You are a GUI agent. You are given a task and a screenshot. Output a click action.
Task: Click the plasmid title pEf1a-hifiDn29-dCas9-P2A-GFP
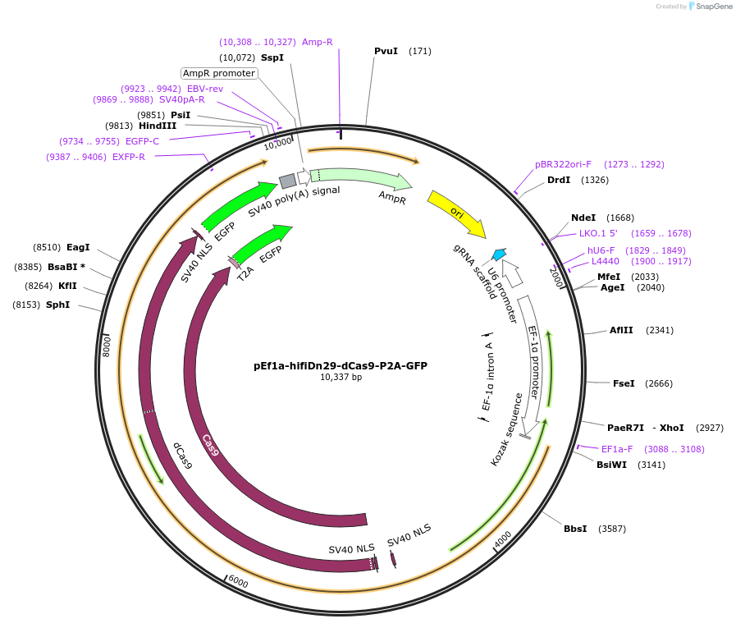pyautogui.click(x=341, y=366)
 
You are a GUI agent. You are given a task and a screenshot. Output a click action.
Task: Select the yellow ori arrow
pyautogui.click(x=456, y=213)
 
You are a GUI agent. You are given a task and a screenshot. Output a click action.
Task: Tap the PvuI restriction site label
pyautogui.click(x=386, y=51)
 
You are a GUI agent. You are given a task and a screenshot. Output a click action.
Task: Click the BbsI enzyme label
pyautogui.click(x=575, y=529)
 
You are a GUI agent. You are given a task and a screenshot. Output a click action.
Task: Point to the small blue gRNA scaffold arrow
pyautogui.click(x=498, y=254)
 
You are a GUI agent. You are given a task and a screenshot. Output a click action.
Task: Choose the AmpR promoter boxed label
pyautogui.click(x=219, y=73)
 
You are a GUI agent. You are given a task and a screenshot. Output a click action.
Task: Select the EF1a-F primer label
pyautogui.click(x=617, y=449)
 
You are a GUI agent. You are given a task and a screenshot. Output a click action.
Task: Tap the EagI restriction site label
pyautogui.click(x=78, y=247)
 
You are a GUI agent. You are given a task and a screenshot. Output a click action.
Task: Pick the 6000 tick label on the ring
pyautogui.click(x=238, y=580)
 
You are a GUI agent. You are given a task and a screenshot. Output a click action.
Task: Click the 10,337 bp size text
pyautogui.click(x=341, y=378)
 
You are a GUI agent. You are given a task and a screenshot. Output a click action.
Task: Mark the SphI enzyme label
pyautogui.click(x=80, y=305)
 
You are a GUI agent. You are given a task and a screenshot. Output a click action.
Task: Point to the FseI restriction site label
pyautogui.click(x=624, y=383)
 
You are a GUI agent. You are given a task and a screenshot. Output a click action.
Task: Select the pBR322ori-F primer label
pyautogui.click(x=563, y=164)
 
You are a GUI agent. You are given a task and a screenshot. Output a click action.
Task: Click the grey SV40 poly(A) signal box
pyautogui.click(x=287, y=181)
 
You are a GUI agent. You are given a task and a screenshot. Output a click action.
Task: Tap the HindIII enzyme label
pyautogui.click(x=158, y=126)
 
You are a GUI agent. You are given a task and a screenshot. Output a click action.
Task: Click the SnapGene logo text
pyautogui.click(x=711, y=7)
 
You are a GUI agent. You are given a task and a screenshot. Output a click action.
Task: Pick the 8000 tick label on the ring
pyautogui.click(x=106, y=345)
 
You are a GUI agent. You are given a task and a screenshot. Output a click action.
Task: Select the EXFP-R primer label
pyautogui.click(x=129, y=157)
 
